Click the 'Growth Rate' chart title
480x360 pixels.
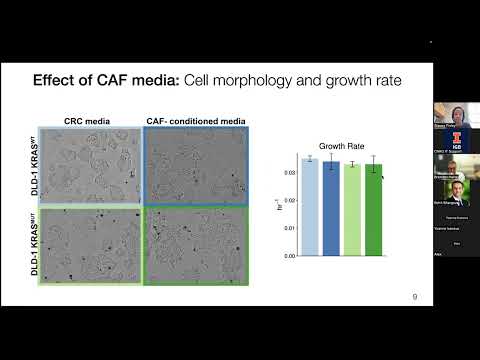[340, 144]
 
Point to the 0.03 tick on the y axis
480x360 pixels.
[290, 173]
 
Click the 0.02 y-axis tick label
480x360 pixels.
[290, 200]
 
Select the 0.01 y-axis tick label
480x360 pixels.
[290, 228]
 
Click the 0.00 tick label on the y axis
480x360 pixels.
[290, 255]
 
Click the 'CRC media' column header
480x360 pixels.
[88, 120]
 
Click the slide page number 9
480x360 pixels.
[415, 297]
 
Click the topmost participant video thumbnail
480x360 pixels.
[456, 114]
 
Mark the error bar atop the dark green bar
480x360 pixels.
[372, 164]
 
